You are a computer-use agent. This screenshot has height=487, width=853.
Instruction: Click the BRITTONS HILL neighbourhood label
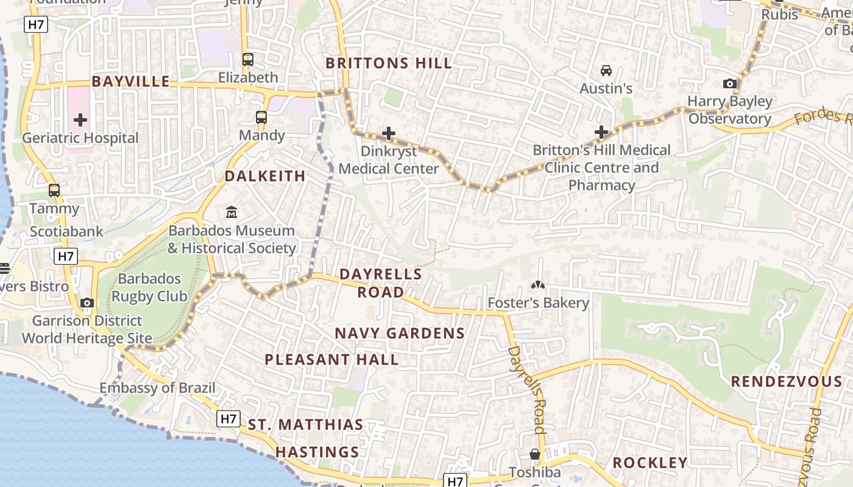[389, 63]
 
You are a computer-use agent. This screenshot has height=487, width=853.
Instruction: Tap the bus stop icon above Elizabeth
[247, 60]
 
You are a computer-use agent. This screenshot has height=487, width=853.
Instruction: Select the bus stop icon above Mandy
[261, 117]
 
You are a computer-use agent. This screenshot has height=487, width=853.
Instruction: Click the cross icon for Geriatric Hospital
[80, 120]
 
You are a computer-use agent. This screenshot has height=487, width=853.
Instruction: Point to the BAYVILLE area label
[130, 82]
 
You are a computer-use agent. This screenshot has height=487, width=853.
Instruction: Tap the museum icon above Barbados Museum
[232, 212]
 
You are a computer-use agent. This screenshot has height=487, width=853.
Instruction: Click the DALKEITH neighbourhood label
[265, 177]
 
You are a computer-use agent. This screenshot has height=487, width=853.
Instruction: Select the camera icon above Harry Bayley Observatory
[729, 83]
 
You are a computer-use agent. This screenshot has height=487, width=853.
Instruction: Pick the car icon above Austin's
[606, 71]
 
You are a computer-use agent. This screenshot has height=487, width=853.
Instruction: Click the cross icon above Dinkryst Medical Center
[389, 133]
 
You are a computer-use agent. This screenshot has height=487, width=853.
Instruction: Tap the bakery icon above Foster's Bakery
[538, 284]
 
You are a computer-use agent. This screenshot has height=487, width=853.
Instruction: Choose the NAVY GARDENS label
[400, 334]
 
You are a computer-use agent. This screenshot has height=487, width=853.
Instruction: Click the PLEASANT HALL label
[331, 360]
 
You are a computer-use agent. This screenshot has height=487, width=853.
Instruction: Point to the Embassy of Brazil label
[157, 388]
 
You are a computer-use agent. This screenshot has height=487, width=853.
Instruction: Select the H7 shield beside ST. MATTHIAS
[228, 419]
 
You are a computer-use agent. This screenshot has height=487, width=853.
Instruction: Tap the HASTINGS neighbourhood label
[317, 452]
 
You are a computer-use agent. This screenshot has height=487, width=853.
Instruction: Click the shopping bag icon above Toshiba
[534, 454]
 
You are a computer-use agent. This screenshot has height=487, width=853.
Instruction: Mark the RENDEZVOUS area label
[786, 382]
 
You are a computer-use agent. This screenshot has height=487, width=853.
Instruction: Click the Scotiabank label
[67, 232]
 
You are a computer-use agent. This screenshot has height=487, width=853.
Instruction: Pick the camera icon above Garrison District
[87, 303]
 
